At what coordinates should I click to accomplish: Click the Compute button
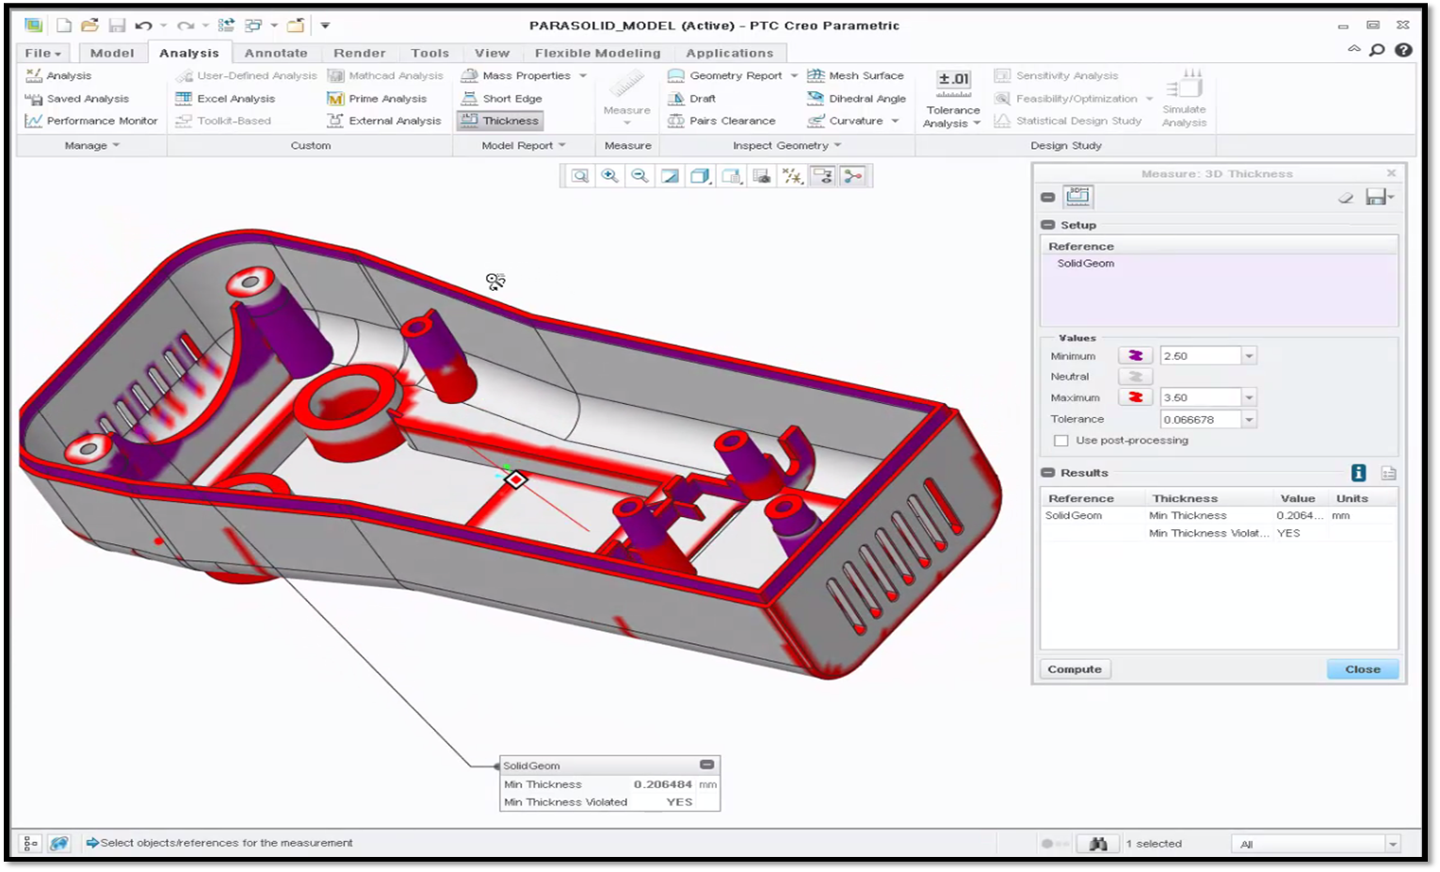pyautogui.click(x=1075, y=670)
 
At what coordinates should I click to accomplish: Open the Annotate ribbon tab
pyautogui.click(x=276, y=53)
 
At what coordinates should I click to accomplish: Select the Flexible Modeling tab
pyautogui.click(x=597, y=53)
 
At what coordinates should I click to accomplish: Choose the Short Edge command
pyautogui.click(x=511, y=98)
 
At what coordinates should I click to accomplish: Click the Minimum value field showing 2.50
pyautogui.click(x=1200, y=356)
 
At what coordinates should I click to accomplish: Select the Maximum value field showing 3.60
pyautogui.click(x=1200, y=397)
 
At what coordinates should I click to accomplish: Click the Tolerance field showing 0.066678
pyautogui.click(x=1200, y=419)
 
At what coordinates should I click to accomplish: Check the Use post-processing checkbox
pyautogui.click(x=1061, y=441)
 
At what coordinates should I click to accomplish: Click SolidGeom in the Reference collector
pyautogui.click(x=1085, y=264)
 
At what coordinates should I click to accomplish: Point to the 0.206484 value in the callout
pyautogui.click(x=662, y=784)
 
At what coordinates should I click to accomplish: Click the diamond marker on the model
pyautogui.click(x=515, y=480)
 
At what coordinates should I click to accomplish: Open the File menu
pyautogui.click(x=42, y=53)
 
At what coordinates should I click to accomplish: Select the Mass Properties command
pyautogui.click(x=526, y=75)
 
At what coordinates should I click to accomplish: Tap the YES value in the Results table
pyautogui.click(x=1288, y=533)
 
